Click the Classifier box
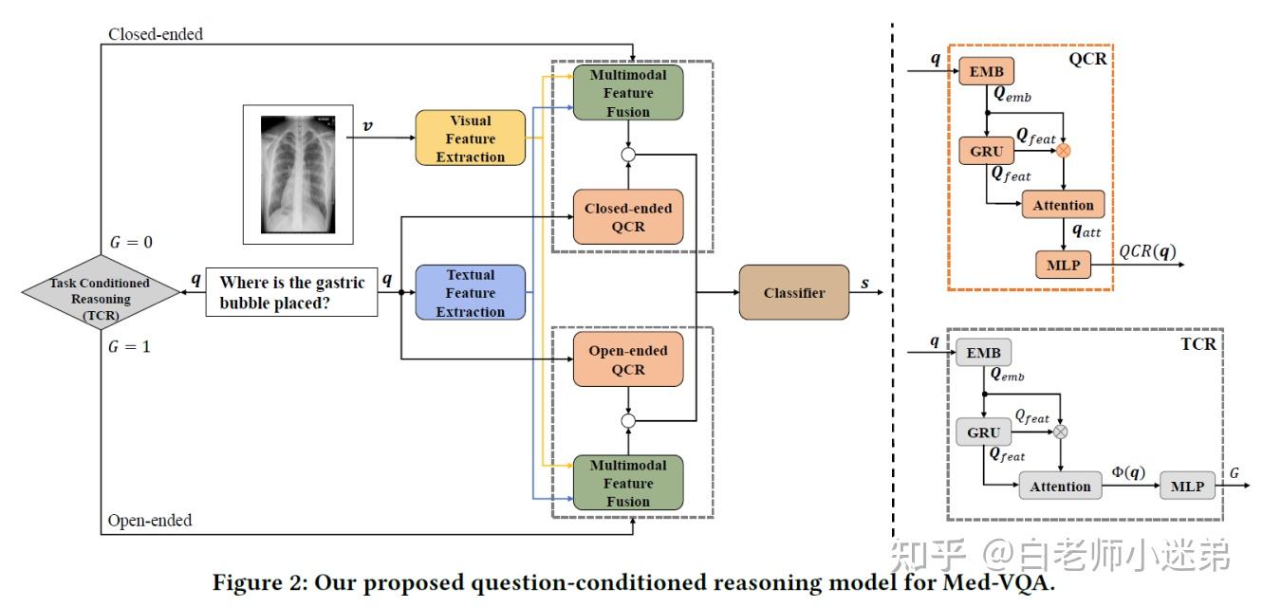click(x=794, y=292)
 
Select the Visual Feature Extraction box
click(x=471, y=138)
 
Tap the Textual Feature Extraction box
click(x=471, y=292)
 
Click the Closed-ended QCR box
click(x=628, y=217)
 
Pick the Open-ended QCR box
click(x=628, y=359)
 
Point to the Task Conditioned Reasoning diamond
click(x=101, y=292)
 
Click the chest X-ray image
click(x=298, y=175)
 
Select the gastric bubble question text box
click(x=291, y=292)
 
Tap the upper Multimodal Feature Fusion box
click(x=628, y=92)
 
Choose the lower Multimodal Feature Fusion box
click(x=628, y=483)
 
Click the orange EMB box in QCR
click(x=986, y=71)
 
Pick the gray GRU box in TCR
click(x=983, y=432)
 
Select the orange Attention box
click(x=1063, y=205)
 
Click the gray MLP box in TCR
click(x=1187, y=486)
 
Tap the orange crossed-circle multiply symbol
click(x=1064, y=151)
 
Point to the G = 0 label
click(x=131, y=243)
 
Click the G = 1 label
click(x=130, y=346)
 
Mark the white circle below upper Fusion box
click(x=628, y=155)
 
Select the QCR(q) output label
click(x=1147, y=251)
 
